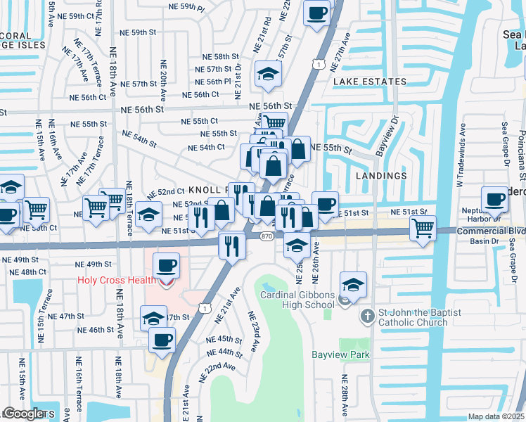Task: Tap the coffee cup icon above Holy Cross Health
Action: (165, 266)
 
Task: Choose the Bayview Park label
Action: (342, 355)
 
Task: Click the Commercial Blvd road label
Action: (490, 231)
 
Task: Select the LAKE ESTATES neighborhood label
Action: (370, 82)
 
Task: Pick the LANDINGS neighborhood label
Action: (381, 175)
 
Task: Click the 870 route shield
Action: (266, 237)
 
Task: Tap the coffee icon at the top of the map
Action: (317, 12)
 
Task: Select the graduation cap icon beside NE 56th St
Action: (268, 74)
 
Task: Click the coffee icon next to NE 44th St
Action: (162, 340)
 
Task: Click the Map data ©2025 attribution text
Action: (496, 416)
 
